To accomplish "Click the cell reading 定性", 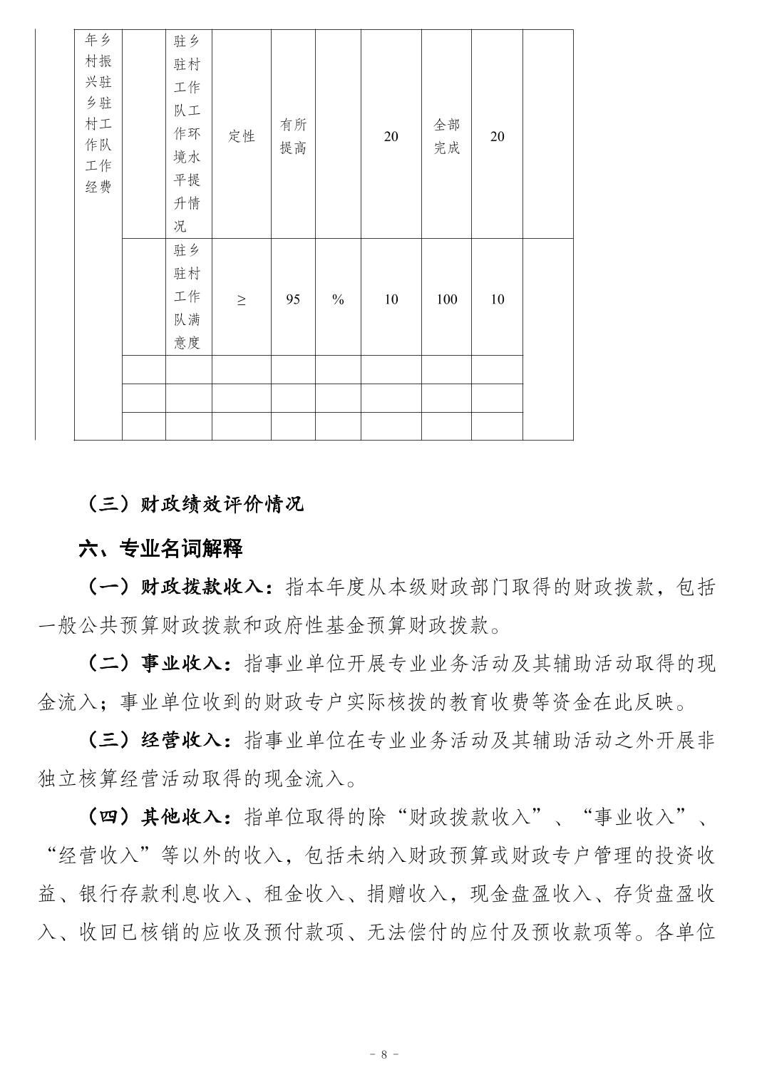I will point(242,136).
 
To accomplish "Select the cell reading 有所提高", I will point(293,136).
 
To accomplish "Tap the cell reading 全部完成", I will point(446,136).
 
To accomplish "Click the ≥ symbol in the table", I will point(242,299).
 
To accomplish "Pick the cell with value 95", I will point(293,299).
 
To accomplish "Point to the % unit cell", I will point(338,299).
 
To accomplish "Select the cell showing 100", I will point(446,299).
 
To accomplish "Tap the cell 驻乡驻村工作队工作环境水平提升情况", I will point(188,134).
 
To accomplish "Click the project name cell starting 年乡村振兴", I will point(98,113).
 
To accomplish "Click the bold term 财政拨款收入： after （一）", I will point(206,587).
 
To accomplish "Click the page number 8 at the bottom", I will point(383,1054).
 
